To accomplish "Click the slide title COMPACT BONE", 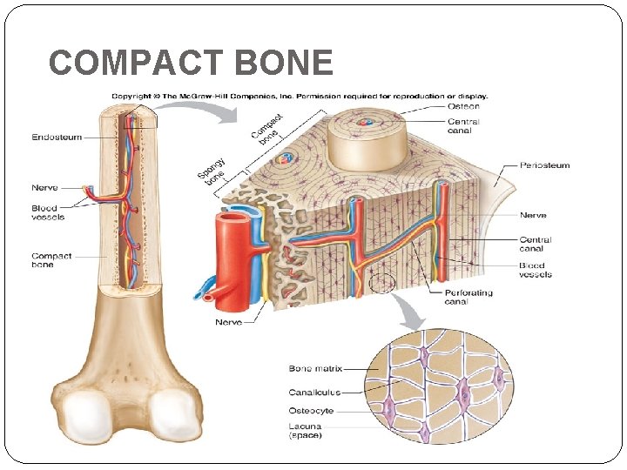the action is click(191, 63).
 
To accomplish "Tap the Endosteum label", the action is click(57, 137).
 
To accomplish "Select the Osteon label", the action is click(463, 106).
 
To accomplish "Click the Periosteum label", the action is click(545, 165).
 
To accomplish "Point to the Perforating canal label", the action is click(469, 297).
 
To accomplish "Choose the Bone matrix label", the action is click(315, 369).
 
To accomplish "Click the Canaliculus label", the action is click(314, 392).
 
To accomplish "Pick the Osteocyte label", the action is click(311, 411).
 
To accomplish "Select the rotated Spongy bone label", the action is click(211, 171).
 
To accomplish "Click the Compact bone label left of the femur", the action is click(51, 260).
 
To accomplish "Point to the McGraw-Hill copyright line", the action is click(299, 96).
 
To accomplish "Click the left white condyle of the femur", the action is click(82, 415).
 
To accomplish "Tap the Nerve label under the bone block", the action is click(228, 322).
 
